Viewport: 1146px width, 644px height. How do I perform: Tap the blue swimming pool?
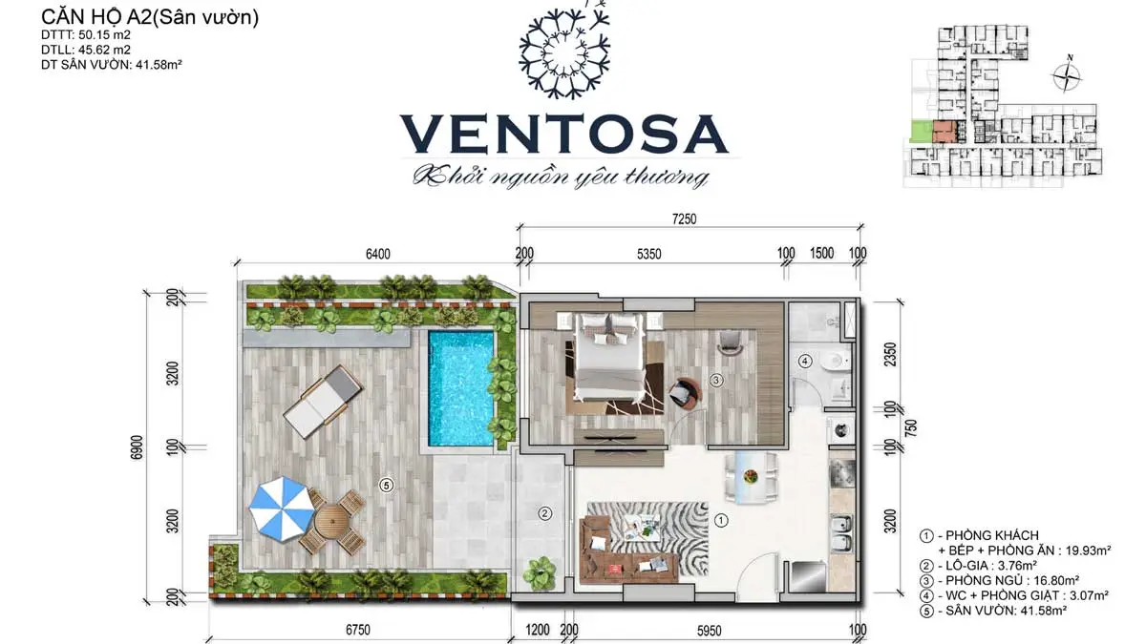pyautogui.click(x=461, y=387)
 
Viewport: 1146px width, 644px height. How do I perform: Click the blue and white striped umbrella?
pyautogui.click(x=281, y=509)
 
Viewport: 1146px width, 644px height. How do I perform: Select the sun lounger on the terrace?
pyautogui.click(x=324, y=401)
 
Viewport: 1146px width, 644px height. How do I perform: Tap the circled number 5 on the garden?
pyautogui.click(x=386, y=485)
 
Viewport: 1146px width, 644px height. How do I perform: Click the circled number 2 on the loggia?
pyautogui.click(x=544, y=513)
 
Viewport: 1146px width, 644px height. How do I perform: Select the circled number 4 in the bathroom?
pyautogui.click(x=805, y=361)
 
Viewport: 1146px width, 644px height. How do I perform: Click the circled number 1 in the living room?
pyautogui.click(x=722, y=521)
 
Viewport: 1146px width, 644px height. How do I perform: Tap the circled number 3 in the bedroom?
pyautogui.click(x=716, y=379)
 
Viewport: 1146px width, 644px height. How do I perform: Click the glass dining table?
pyautogui.click(x=750, y=476)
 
